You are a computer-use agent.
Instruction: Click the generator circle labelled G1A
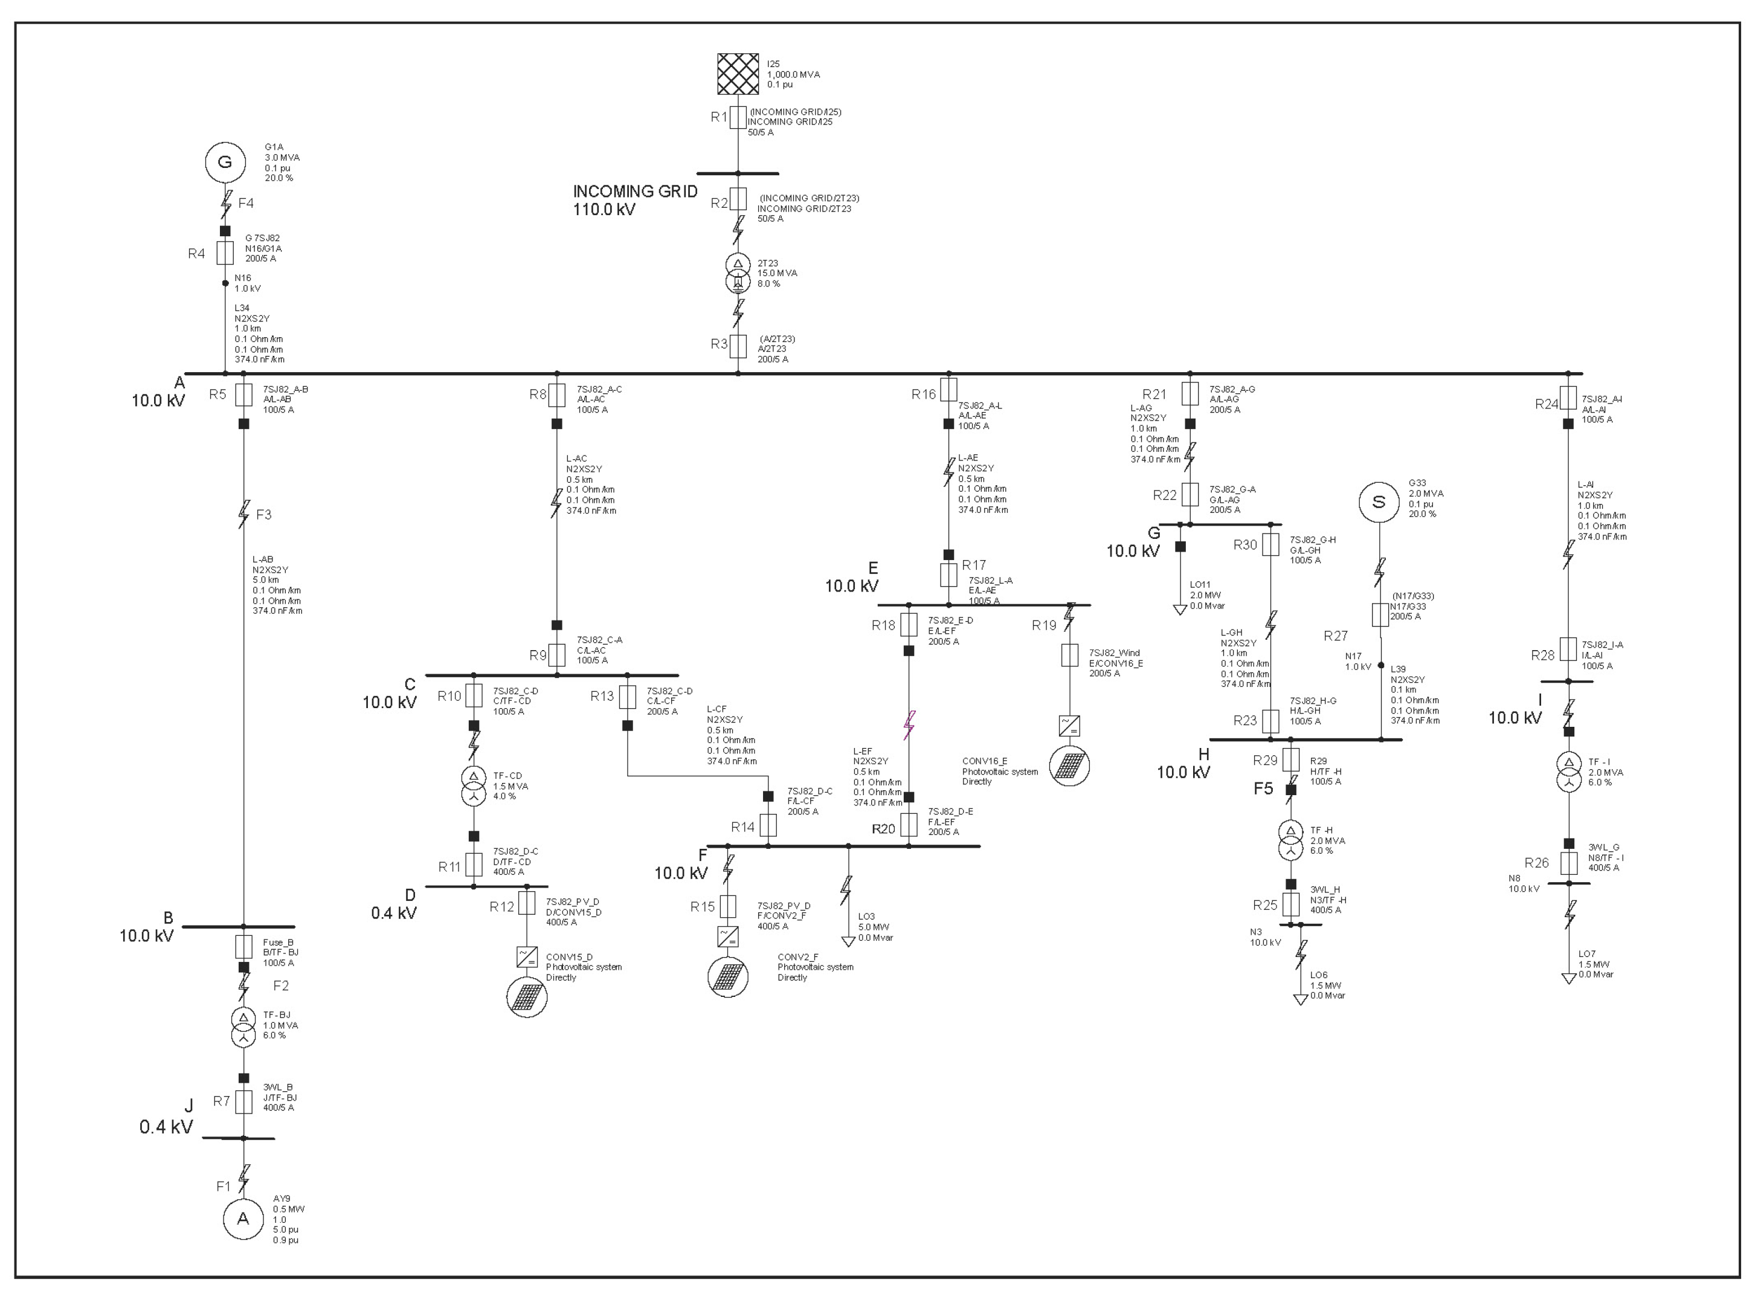tap(225, 163)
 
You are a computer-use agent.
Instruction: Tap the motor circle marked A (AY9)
tap(243, 1219)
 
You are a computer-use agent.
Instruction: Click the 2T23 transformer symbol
tap(738, 273)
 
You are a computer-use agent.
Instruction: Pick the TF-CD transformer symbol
tap(473, 786)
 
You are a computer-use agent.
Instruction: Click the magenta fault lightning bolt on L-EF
tap(909, 725)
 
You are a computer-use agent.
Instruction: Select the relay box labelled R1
tap(738, 118)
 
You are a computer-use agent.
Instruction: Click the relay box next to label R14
tap(768, 825)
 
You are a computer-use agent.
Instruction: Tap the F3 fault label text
tap(263, 515)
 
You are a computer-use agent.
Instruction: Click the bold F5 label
tap(1263, 788)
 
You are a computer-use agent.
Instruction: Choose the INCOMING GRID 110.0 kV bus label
tap(634, 201)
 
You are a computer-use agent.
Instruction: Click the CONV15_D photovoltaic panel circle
tap(527, 997)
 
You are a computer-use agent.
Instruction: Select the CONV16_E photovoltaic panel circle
tap(1069, 765)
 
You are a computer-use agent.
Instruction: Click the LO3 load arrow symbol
tap(848, 941)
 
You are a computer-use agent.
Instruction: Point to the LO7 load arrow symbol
tap(1568, 978)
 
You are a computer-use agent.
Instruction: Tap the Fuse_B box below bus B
tap(243, 946)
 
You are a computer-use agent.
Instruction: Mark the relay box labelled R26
tap(1568, 863)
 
